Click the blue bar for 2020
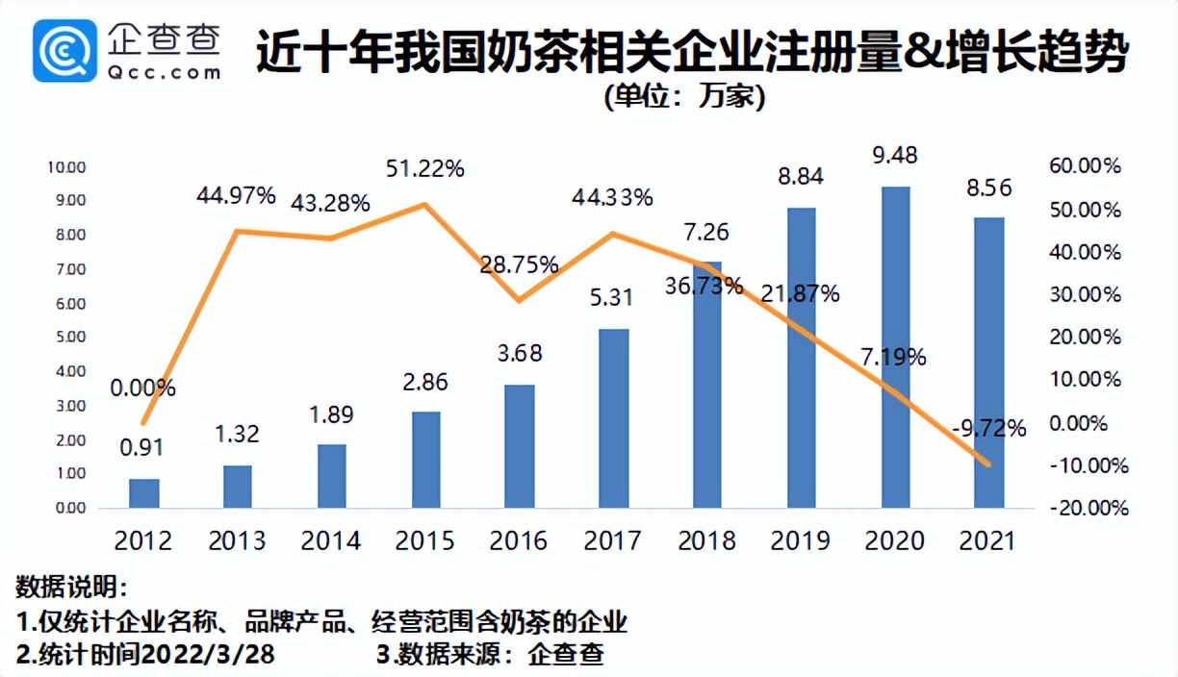tap(895, 346)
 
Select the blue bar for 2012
tap(143, 492)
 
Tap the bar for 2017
tap(613, 418)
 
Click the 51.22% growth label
tap(424, 168)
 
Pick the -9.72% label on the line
tap(989, 428)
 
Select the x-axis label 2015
tap(424, 540)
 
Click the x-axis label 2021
tap(988, 540)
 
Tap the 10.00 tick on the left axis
tap(66, 166)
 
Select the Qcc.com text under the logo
tap(165, 71)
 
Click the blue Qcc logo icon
tap(64, 50)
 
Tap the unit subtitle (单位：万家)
tap(685, 97)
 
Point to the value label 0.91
tap(143, 447)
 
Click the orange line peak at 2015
tap(425, 204)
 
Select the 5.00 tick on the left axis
tap(66, 338)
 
